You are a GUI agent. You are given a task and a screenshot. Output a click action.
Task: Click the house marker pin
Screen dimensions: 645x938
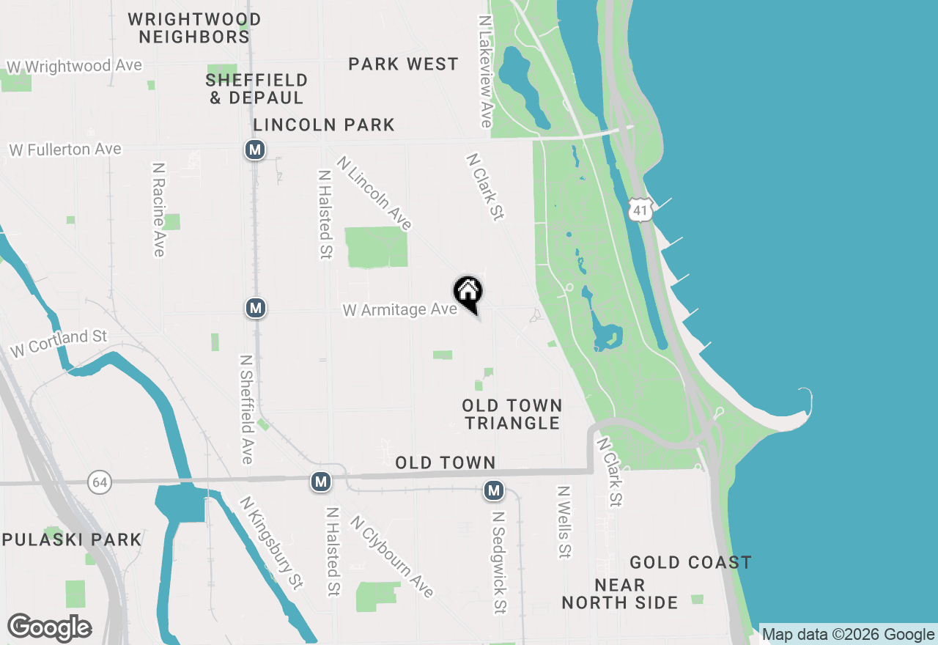point(468,293)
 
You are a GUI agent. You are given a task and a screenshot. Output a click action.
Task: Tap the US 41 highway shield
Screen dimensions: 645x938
point(640,211)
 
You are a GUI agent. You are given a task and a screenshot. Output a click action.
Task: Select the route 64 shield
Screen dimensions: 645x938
point(100,482)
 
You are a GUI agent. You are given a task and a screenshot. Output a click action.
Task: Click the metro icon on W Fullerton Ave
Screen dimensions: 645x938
point(254,150)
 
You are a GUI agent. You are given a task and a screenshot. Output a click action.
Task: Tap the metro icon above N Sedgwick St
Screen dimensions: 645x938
point(494,490)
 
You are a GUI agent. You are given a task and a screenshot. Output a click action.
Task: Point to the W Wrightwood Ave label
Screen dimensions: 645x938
point(74,66)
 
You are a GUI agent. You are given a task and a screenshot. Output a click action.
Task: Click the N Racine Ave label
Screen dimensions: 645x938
point(158,210)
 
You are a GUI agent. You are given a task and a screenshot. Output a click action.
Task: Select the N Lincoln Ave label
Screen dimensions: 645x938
point(374,193)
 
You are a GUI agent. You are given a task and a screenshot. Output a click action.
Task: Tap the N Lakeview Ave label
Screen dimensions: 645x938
point(484,72)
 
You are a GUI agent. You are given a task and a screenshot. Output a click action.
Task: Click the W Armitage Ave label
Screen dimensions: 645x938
point(399,310)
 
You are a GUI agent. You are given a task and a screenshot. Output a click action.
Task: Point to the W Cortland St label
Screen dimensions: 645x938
point(59,343)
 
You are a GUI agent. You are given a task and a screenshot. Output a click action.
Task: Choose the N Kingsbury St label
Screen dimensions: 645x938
point(272,543)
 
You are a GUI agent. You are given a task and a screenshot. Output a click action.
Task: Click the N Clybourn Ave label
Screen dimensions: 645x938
point(392,556)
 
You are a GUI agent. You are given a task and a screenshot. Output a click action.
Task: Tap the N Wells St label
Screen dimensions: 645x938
point(564,521)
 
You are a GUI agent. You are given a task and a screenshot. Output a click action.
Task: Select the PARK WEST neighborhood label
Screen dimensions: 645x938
point(403,64)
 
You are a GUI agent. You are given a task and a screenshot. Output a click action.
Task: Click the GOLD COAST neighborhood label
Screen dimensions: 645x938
point(690,562)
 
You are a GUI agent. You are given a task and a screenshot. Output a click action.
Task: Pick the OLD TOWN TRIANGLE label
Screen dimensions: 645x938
point(512,414)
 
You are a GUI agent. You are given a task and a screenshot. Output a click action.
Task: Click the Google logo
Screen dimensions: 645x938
point(50,627)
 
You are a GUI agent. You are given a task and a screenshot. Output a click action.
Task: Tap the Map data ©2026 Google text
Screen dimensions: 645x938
point(849,635)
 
